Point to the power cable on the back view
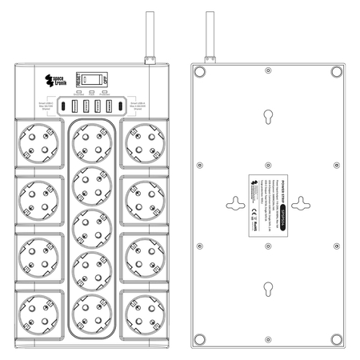[x=210, y=36]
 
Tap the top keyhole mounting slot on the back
[x=266, y=118]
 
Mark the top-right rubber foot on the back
[x=337, y=73]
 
